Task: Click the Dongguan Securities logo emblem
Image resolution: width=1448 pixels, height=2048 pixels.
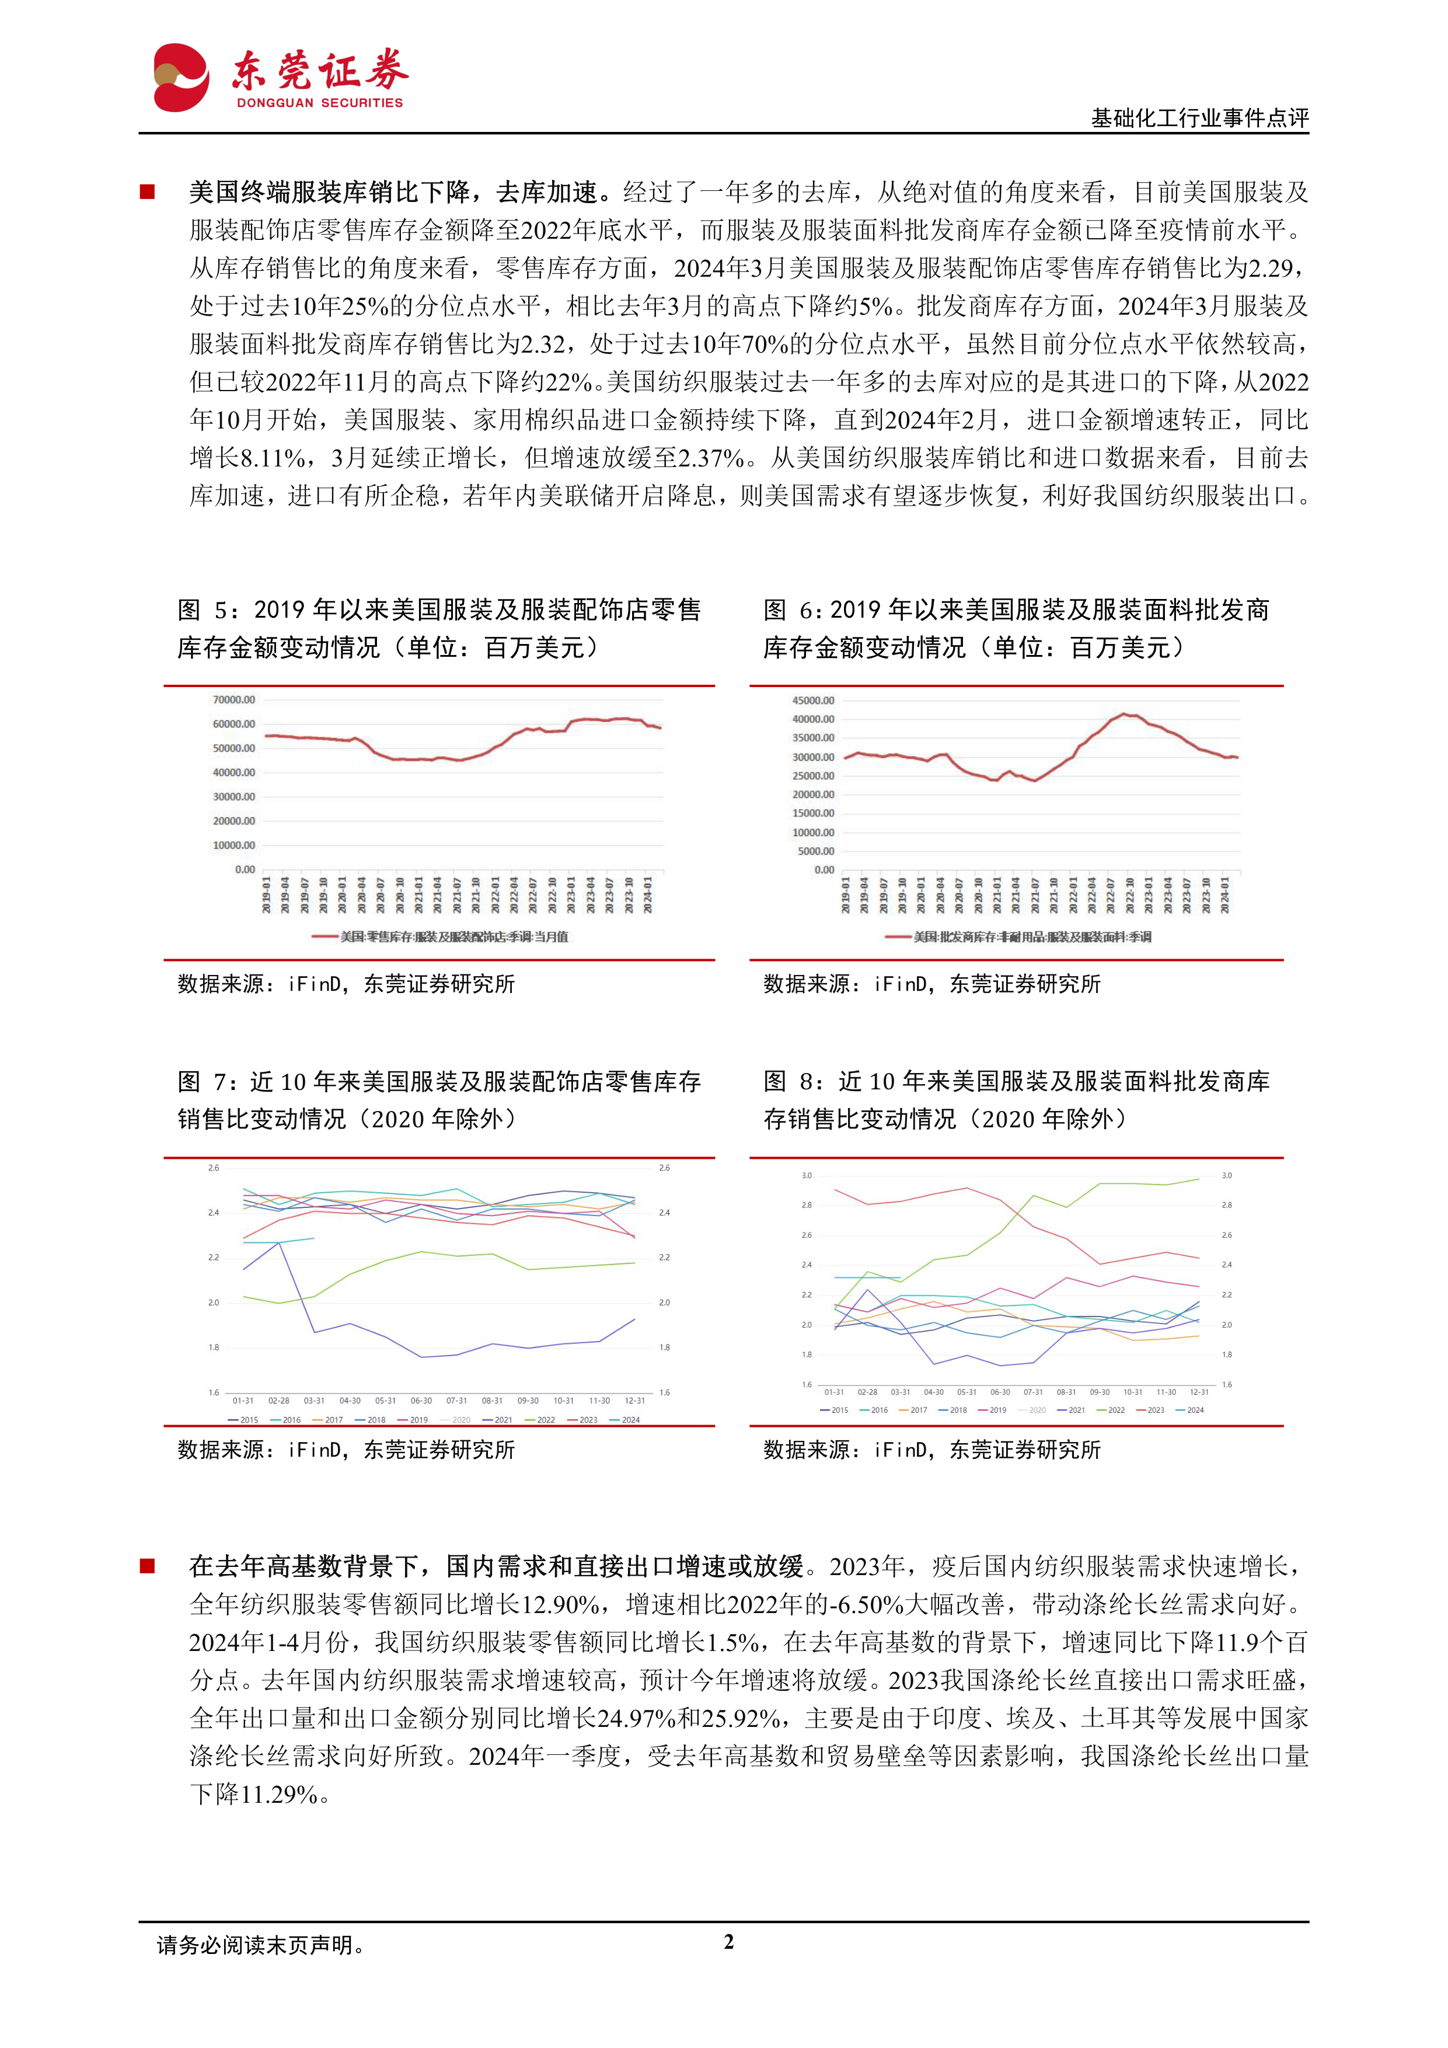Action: click(181, 78)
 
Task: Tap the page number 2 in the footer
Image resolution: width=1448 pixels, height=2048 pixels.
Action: click(728, 1942)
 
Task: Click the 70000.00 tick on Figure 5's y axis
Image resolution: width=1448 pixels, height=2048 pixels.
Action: click(233, 700)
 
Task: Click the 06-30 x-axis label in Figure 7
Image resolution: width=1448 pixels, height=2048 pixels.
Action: click(421, 1401)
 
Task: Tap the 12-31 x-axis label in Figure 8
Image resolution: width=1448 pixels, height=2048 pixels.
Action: click(1199, 1391)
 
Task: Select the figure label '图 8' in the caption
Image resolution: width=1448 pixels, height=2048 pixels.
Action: click(788, 1082)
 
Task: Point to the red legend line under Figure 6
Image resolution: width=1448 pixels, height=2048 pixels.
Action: click(897, 936)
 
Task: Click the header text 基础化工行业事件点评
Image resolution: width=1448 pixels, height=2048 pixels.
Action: click(1199, 118)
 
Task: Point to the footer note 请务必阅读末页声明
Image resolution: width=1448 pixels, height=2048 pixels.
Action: click(260, 1945)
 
